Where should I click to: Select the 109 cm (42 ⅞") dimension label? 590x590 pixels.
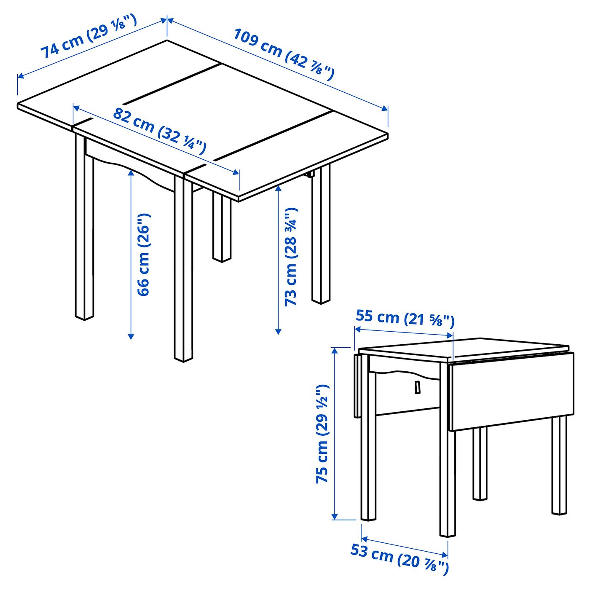click(x=284, y=54)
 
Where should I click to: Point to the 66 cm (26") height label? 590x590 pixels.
click(x=143, y=255)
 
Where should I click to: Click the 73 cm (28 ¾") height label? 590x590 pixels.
click(x=291, y=257)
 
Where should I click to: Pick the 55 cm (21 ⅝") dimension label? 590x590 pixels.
click(x=405, y=318)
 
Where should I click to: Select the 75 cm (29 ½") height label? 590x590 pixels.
click(x=322, y=434)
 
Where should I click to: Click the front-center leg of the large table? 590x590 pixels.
click(x=183, y=270)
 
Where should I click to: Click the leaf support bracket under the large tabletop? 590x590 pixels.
click(x=311, y=174)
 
